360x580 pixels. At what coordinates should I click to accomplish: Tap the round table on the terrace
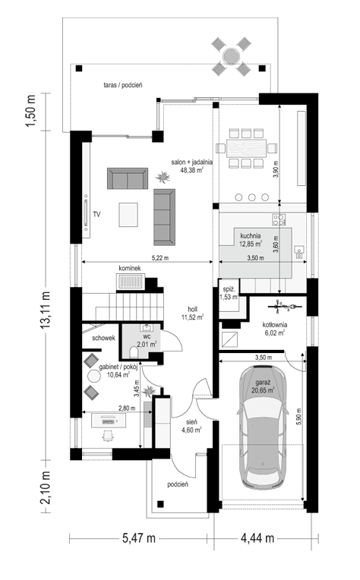point(231,57)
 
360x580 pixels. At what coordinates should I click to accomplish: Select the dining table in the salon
point(246,148)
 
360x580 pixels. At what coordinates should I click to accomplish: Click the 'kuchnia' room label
point(251,235)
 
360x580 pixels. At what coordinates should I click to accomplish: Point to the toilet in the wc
point(134,353)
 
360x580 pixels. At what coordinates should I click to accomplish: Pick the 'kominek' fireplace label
point(130,268)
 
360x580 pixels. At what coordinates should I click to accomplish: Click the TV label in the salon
point(96,214)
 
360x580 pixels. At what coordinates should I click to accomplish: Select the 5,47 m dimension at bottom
point(139,538)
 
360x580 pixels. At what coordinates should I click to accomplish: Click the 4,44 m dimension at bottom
point(257,538)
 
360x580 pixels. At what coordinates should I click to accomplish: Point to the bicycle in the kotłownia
point(285,306)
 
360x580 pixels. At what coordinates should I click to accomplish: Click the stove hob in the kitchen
point(279,219)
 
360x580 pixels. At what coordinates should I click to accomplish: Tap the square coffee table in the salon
point(128,215)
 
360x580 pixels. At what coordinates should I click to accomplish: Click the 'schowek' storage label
point(103,338)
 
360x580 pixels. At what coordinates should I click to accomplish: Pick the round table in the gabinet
point(93,377)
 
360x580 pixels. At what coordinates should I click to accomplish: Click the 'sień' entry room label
point(191,422)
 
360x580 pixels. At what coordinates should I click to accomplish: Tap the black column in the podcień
point(160,503)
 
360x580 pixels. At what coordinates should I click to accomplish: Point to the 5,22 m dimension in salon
point(160,258)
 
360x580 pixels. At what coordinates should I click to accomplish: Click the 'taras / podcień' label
point(123,85)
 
